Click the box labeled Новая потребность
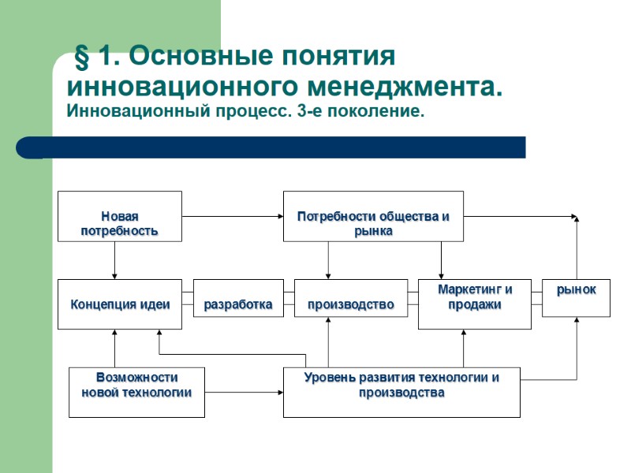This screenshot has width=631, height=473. [x=120, y=216]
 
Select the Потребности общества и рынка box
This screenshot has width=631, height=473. [x=373, y=216]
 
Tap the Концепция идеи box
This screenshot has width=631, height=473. [x=120, y=304]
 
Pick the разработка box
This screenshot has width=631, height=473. [x=238, y=304]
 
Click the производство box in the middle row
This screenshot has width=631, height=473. [x=351, y=304]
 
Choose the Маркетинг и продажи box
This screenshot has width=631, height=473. [x=475, y=304]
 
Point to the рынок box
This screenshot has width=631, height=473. [x=576, y=297]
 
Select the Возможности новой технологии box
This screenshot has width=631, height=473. [x=137, y=392]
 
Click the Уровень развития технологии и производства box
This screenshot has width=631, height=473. [x=401, y=392]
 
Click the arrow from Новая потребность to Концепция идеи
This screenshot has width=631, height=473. [x=115, y=259]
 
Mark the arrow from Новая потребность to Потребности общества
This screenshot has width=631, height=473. [x=233, y=216]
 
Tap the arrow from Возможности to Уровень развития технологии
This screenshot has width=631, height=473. [x=244, y=392]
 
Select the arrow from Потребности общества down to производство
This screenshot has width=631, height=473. [x=328, y=259]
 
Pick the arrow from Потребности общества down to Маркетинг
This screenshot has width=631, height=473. [x=441, y=259]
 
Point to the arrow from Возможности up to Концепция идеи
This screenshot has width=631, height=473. [x=115, y=348]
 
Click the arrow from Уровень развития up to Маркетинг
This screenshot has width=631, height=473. [x=464, y=348]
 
